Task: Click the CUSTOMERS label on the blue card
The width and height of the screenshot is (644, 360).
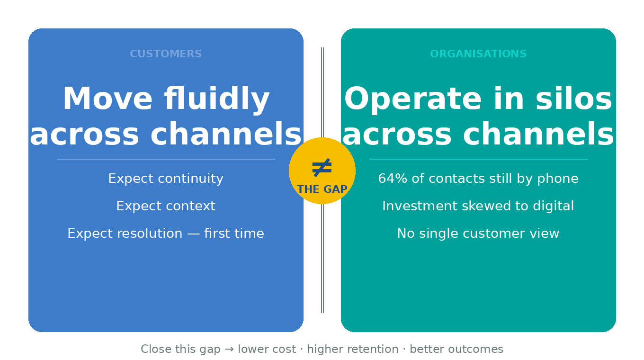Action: coord(166,54)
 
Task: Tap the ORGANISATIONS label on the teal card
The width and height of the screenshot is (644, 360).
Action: coord(478,54)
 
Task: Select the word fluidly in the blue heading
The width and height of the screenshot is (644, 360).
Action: coord(216,99)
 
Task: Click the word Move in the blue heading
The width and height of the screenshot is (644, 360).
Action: coord(107,99)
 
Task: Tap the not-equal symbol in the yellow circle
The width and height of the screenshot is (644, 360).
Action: coord(322,168)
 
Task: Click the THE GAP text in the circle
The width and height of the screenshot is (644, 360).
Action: coord(322,189)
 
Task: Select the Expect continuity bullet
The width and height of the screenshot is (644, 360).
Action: coord(166,179)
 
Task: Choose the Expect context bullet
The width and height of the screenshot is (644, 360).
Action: coord(166,206)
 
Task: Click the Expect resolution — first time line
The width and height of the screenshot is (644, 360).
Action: coord(166,234)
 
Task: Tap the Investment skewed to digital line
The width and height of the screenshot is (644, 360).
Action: coord(478,206)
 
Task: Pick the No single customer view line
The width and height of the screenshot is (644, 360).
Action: coord(478,234)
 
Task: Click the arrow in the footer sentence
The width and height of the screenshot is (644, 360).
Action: coord(229,350)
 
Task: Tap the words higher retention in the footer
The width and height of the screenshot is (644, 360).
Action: coord(353,350)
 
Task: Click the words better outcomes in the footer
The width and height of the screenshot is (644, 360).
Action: coord(456,350)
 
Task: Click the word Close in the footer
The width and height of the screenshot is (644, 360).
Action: coord(156,350)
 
